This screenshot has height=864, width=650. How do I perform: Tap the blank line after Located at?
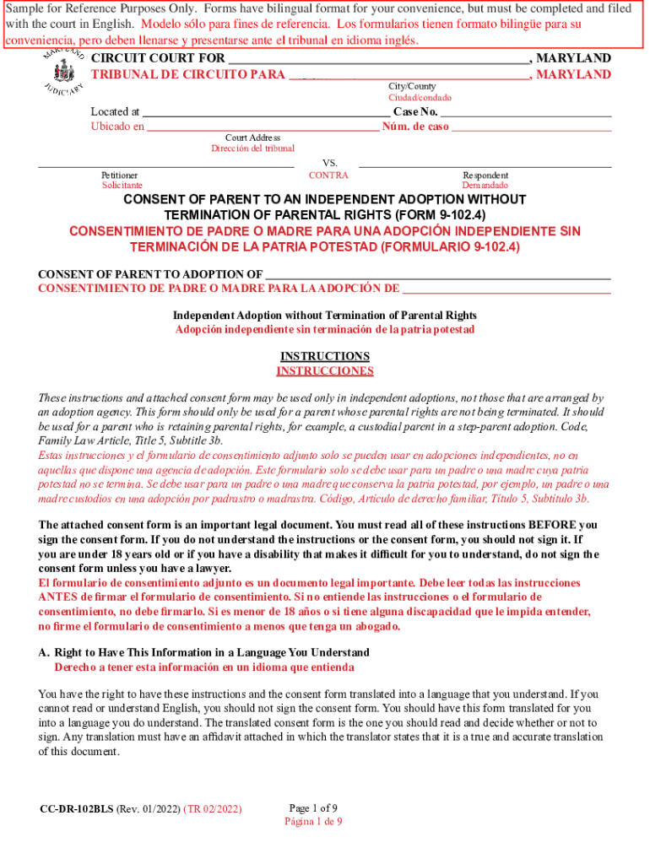[266, 112]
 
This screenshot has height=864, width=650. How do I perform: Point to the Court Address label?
[252, 138]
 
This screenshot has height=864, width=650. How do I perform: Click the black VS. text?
[330, 162]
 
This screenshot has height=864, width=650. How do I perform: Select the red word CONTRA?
[328, 175]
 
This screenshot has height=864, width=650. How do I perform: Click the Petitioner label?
[120, 175]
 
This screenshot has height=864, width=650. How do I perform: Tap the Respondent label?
[485, 175]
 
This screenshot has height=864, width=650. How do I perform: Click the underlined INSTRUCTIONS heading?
[325, 356]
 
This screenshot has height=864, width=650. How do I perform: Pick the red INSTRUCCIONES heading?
[325, 371]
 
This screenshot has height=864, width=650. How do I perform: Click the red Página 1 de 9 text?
[313, 821]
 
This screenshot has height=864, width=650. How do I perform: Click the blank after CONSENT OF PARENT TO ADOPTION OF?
[438, 274]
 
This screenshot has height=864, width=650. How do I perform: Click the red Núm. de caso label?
[415, 127]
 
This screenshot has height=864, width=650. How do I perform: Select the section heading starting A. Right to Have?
[203, 653]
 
